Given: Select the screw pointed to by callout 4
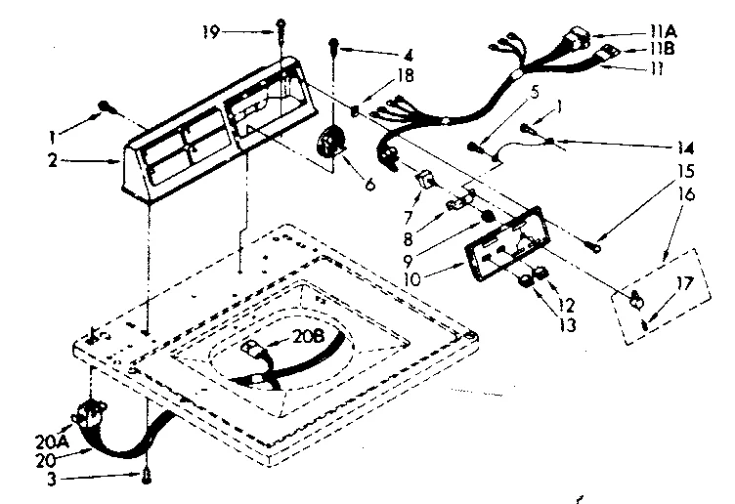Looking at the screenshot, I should pos(335,43).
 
